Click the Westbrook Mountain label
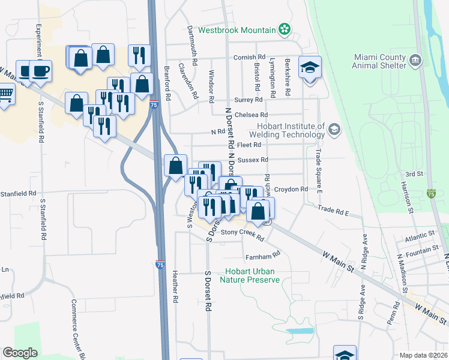click(237, 29)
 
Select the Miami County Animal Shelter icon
click(415, 61)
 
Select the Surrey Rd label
click(250, 100)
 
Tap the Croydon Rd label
click(291, 189)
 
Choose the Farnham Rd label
click(268, 254)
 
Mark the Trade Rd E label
click(334, 211)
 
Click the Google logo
click(20, 353)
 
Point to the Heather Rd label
click(175, 286)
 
